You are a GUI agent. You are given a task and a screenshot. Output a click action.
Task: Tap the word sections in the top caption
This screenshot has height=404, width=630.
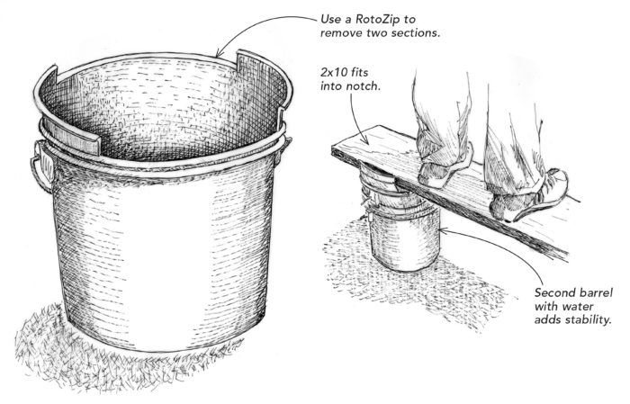(x=417, y=32)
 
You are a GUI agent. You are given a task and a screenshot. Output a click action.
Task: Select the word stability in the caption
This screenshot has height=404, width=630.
(x=589, y=320)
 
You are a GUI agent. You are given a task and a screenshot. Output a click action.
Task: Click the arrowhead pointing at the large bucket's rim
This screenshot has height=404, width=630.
(x=219, y=54)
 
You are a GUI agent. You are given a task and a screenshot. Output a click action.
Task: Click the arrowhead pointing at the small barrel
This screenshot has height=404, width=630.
(x=444, y=230)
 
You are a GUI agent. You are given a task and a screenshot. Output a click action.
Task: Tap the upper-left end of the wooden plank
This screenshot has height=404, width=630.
(x=333, y=148)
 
